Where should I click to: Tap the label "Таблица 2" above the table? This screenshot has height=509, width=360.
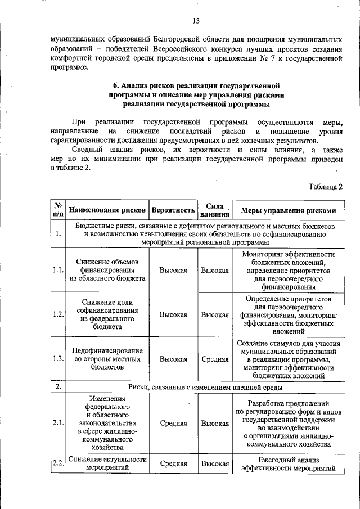coord(326,186)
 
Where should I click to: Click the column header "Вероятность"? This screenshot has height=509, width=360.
coord(173,210)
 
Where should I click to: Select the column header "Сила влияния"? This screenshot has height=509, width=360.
coord(215,210)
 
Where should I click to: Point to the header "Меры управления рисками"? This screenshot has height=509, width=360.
coord(288,210)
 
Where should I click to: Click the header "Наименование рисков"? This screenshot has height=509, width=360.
coord(107,210)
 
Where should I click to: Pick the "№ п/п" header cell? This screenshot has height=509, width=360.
coord(58,210)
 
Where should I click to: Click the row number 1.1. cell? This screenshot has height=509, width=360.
coord(58,270)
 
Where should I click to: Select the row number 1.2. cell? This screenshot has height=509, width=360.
coord(58,314)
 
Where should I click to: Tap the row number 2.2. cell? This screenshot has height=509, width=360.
coord(58,463)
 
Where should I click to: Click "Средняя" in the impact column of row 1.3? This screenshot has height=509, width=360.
coord(215,359)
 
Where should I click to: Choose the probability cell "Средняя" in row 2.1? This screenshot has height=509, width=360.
coord(173,423)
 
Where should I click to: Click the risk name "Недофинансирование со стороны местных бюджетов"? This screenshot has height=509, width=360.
coord(107,359)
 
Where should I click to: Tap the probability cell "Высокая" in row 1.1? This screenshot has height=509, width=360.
coord(173,270)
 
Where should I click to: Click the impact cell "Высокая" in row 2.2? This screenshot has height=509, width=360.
coord(215,463)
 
